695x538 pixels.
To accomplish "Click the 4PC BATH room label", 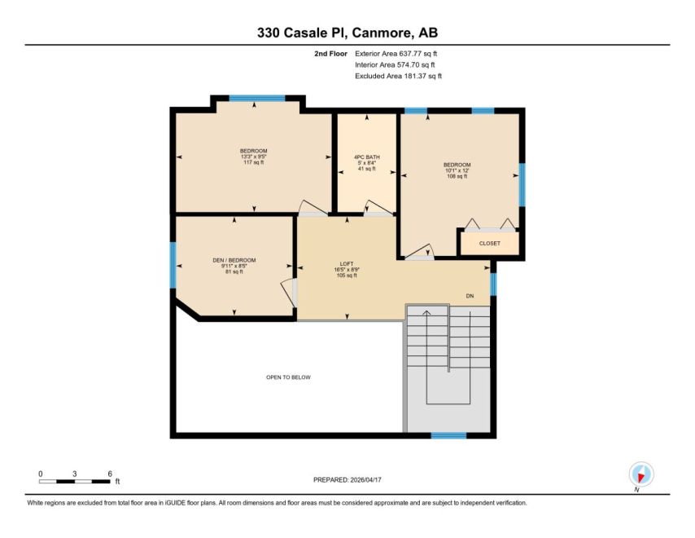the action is pos(366,157).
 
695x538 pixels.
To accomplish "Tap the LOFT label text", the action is pos(346,264).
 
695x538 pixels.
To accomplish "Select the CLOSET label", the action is pos(489,243).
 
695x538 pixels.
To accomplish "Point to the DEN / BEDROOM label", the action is pos(234,260).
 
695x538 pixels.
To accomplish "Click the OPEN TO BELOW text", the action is pos(288,377).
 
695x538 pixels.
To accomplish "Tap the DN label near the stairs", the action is pos(470,296).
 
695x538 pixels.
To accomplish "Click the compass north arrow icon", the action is pos(641,474).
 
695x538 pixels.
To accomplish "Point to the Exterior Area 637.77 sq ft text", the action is pos(396,54).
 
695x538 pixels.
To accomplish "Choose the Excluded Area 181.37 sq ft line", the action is pos(398,76).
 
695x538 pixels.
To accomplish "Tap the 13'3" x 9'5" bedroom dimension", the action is pos(254,157).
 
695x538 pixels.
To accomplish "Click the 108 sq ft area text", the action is pos(457,176).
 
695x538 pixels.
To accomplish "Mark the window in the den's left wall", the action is pos(173,265).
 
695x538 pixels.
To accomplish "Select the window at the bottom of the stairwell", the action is pos(448,435).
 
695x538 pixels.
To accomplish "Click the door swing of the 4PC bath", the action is pos(379,208).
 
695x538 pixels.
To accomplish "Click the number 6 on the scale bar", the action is pos(110,474).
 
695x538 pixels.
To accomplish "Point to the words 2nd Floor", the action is pos(330,54).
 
